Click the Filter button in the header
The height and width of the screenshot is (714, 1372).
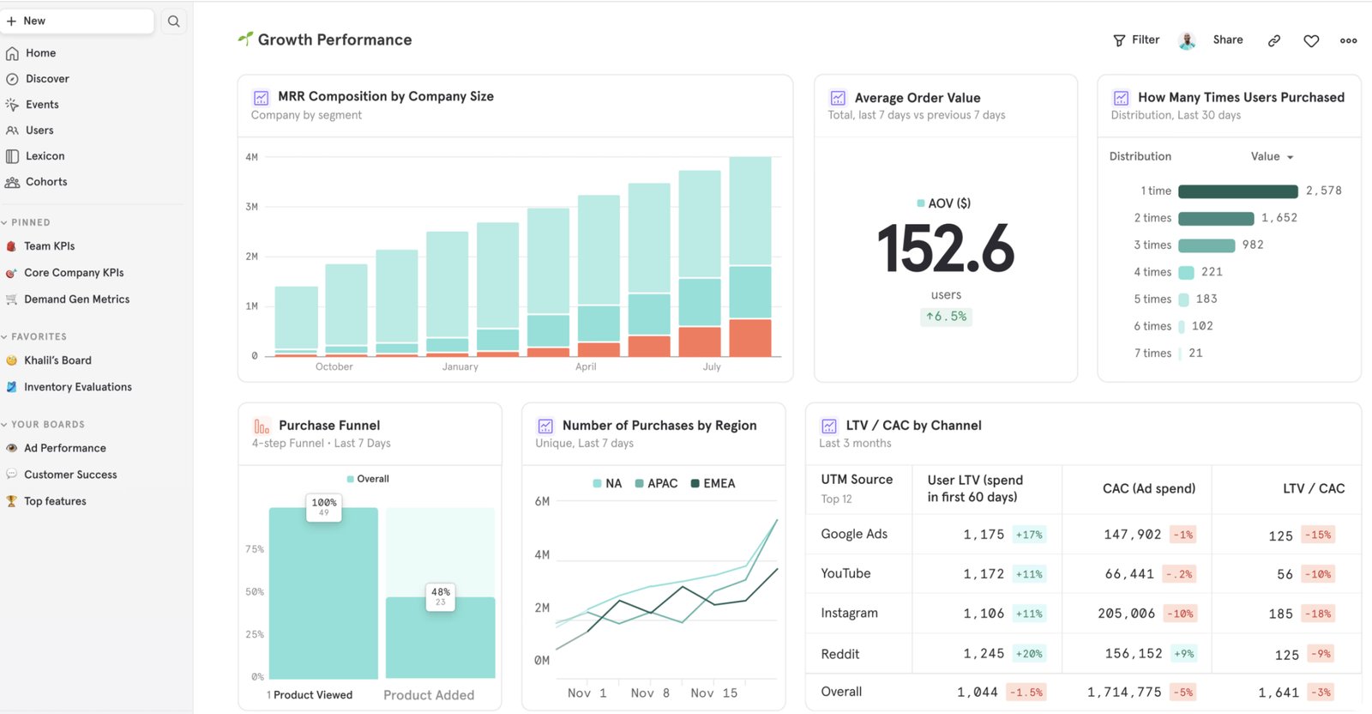point(1136,40)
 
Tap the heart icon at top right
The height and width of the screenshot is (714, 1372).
point(1311,40)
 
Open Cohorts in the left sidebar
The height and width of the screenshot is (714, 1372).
point(45,182)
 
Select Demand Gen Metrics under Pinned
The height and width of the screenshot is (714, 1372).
point(76,300)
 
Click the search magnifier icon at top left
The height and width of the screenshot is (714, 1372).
point(173,21)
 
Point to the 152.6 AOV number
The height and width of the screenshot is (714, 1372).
point(946,249)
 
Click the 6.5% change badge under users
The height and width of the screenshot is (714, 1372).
point(946,317)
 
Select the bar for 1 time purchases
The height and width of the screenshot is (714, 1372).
point(1237,191)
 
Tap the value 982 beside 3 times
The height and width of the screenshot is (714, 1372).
point(1253,245)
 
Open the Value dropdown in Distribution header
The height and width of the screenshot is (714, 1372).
point(1272,156)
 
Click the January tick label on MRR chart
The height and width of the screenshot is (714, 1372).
point(460,367)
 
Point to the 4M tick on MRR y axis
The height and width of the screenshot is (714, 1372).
point(251,157)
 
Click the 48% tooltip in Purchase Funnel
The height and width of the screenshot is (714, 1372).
point(441,596)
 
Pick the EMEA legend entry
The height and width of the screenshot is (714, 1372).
point(713,484)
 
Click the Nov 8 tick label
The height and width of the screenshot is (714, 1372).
point(650,693)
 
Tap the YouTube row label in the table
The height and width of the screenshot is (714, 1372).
point(845,573)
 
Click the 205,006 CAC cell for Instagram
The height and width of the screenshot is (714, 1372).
point(1126,614)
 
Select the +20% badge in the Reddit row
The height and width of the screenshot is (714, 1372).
point(1029,654)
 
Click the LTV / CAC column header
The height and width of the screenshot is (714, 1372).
point(1313,488)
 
